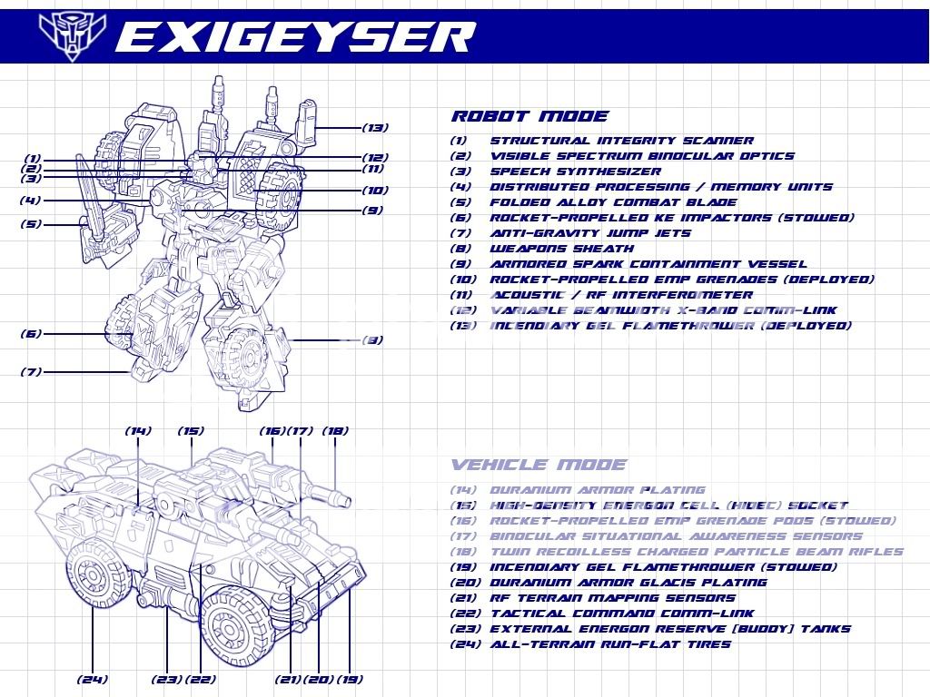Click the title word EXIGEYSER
[295, 37]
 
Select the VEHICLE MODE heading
[539, 465]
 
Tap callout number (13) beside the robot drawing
[375, 127]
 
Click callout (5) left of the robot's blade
[31, 223]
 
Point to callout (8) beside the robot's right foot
[371, 340]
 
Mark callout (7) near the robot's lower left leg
[31, 371]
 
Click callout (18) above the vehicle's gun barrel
[335, 431]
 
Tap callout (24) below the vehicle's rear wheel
[94, 679]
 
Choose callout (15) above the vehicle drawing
[191, 431]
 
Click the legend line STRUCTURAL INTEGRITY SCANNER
[621, 141]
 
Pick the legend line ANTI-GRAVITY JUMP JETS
[590, 233]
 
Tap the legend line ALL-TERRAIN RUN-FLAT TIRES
[610, 644]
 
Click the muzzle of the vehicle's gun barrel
[343, 498]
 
